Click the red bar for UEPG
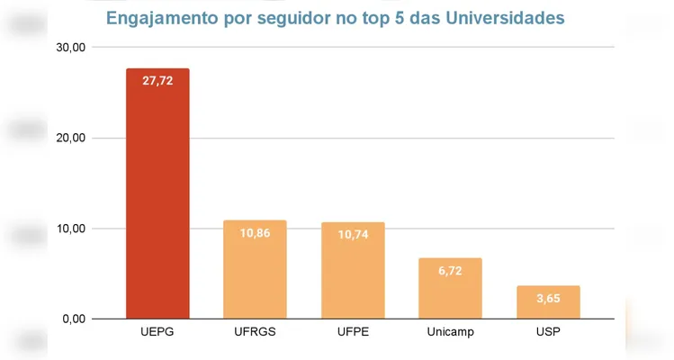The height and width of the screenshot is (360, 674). (x=157, y=193)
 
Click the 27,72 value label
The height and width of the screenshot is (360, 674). (x=157, y=81)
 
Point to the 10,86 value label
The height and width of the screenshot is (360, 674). (x=255, y=233)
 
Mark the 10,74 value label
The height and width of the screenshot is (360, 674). (x=353, y=234)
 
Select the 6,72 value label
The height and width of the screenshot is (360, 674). (x=450, y=270)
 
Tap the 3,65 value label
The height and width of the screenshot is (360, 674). (x=548, y=298)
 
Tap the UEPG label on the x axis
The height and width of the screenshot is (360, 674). (x=157, y=333)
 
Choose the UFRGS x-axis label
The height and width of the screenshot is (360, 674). (x=255, y=333)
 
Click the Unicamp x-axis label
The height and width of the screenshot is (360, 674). (x=450, y=333)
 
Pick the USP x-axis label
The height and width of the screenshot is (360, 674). (x=548, y=333)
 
